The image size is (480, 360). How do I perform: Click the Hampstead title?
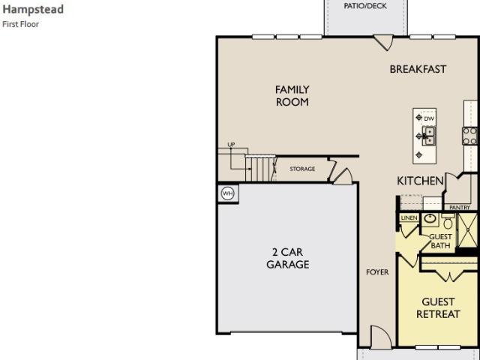click(x=33, y=10)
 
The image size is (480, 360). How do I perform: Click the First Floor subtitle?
click(x=20, y=24)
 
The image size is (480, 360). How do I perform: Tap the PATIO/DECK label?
click(x=365, y=6)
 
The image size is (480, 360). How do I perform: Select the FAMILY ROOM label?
click(x=292, y=96)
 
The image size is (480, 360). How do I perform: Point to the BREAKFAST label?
click(x=418, y=69)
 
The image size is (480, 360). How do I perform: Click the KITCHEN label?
click(x=420, y=181)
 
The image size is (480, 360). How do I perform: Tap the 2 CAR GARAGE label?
click(x=288, y=258)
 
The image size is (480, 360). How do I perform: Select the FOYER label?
click(x=377, y=271)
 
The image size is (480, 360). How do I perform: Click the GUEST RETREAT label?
click(x=438, y=308)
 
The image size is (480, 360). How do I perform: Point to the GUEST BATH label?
click(x=440, y=241)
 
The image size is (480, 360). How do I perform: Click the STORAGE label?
click(x=302, y=169)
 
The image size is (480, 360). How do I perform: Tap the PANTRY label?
click(x=460, y=208)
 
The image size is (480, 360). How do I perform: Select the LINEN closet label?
click(x=409, y=217)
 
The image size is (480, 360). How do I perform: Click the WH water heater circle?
click(x=227, y=193)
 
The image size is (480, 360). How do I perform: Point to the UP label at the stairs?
click(x=231, y=144)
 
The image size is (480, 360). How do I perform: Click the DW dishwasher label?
click(x=429, y=118)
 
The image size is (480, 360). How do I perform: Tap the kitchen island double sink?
click(x=430, y=136)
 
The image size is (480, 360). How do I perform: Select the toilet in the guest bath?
click(x=448, y=221)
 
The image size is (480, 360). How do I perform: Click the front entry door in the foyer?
click(x=381, y=337)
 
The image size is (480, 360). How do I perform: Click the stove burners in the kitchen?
click(x=470, y=136)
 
